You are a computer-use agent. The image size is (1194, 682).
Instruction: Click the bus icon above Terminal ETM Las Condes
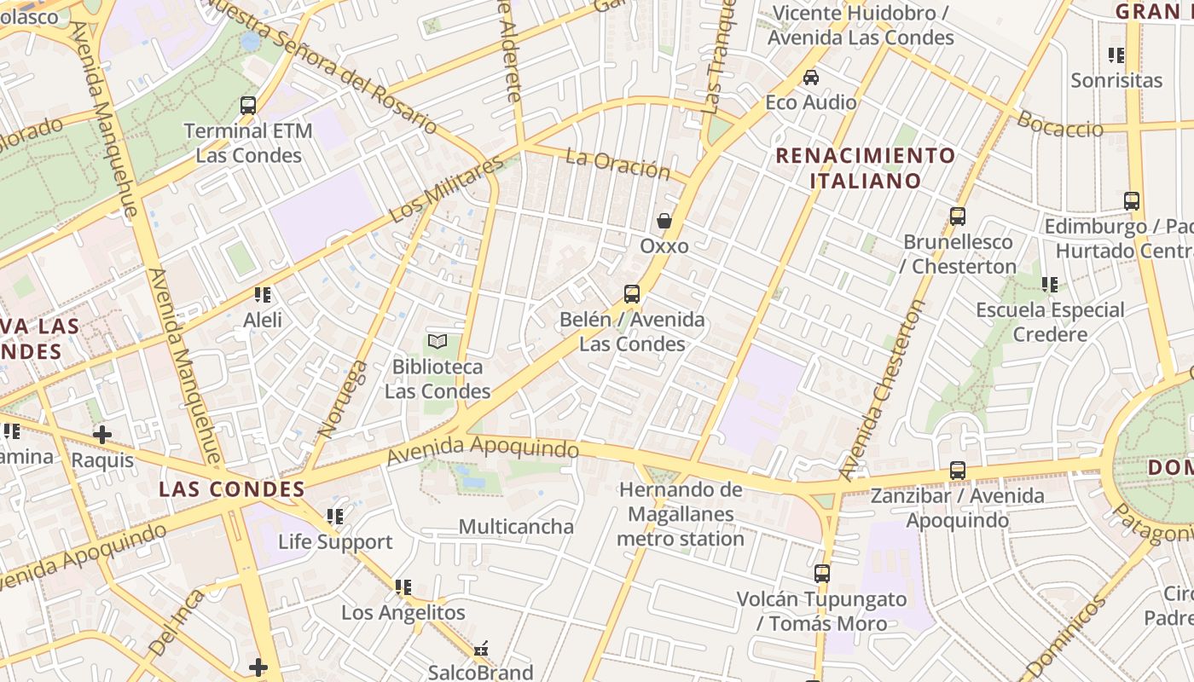[248, 106]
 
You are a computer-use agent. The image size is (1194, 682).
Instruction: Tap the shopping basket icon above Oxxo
[664, 221]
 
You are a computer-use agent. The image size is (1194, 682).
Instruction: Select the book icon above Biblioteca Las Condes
[438, 342]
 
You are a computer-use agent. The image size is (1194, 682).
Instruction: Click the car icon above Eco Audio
[811, 78]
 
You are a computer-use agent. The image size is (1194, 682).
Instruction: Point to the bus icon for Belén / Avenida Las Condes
[632, 294]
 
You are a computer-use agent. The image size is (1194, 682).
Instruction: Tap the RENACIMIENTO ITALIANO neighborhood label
[866, 168]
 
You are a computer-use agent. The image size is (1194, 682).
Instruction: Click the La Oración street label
[618, 164]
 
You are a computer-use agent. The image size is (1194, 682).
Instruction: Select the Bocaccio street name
[1060, 125]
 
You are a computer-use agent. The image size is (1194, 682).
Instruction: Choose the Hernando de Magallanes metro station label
[681, 514]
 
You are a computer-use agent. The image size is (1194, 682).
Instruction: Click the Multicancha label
[516, 526]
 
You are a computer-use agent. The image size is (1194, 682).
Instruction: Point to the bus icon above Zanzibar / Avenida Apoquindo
[958, 471]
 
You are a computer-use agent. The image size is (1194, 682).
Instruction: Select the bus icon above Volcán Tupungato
[822, 574]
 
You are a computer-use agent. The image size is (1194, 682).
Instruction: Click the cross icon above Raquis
[102, 435]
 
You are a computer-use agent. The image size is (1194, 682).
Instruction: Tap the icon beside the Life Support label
[335, 517]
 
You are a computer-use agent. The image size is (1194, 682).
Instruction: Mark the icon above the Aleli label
[263, 295]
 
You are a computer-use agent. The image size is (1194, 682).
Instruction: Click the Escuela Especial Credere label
[1050, 321]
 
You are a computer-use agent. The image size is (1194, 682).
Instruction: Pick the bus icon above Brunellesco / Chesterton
[958, 217]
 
